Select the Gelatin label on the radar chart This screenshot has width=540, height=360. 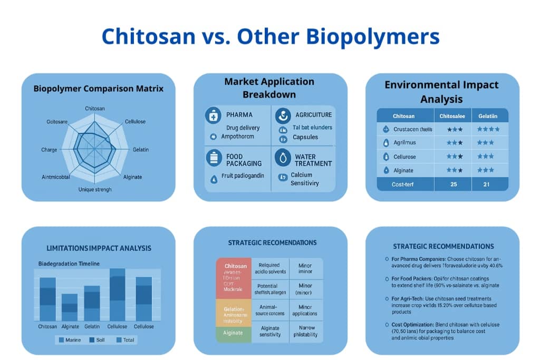pyautogui.click(x=140, y=150)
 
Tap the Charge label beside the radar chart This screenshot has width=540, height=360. pyautogui.click(x=49, y=150)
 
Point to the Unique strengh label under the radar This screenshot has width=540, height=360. pyautogui.click(x=95, y=190)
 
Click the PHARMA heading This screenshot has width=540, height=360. pyautogui.click(x=239, y=115)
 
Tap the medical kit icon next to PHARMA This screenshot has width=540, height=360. pyautogui.click(x=213, y=115)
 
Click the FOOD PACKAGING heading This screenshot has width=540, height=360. pyautogui.click(x=235, y=160)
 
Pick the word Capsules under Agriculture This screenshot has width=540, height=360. pyautogui.click(x=305, y=138)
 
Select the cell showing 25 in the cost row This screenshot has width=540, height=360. pyautogui.click(x=452, y=184)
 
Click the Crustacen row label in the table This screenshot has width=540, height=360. pyautogui.click(x=412, y=130)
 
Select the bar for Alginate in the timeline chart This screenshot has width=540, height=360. pyautogui.click(x=70, y=307)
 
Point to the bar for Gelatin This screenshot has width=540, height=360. pyautogui.click(x=92, y=304)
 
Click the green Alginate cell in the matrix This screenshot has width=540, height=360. pyautogui.click(x=234, y=333)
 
